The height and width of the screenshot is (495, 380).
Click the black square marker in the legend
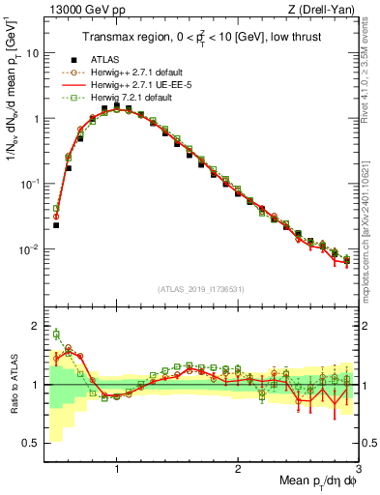[x=73, y=59]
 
